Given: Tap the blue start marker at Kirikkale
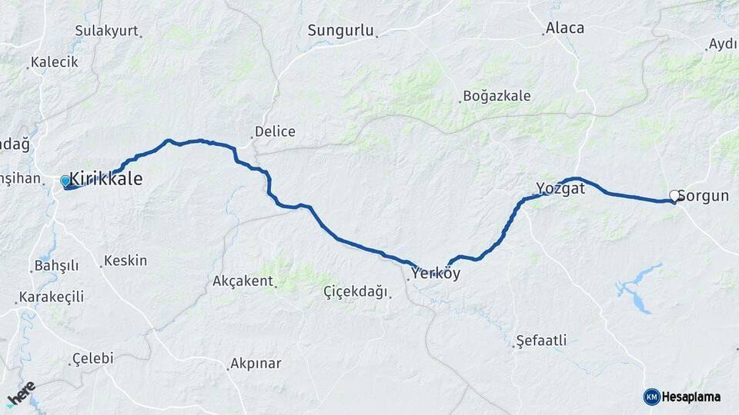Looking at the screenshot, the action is (x=65, y=181).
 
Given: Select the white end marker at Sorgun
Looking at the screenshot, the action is (x=674, y=196).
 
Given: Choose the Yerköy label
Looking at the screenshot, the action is (x=436, y=272).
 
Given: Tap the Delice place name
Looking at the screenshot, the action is (x=275, y=131).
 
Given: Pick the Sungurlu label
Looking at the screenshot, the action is (x=340, y=31).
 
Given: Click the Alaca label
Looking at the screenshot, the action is (x=565, y=28).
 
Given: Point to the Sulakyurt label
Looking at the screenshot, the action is (x=106, y=31).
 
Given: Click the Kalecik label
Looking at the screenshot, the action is (x=55, y=62).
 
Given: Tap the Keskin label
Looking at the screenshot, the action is (x=125, y=261).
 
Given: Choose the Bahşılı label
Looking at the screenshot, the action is (x=56, y=266).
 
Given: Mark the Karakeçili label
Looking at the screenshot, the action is (x=52, y=297).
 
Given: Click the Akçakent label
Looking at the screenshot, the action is (x=243, y=281).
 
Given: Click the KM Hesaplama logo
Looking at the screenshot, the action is (x=682, y=397).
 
